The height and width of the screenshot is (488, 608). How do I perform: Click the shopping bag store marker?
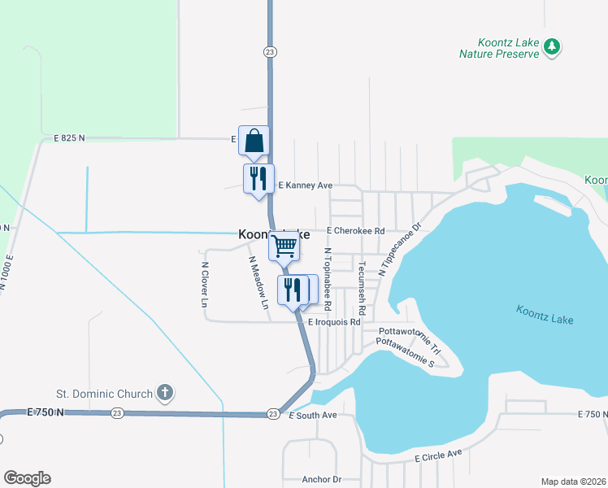254,141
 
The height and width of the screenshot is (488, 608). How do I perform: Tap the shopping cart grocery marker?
284,245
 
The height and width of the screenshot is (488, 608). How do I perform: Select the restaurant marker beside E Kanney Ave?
258,179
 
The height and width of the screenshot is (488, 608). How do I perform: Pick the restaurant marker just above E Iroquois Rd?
292,290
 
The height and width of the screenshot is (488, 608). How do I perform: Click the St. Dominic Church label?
104,394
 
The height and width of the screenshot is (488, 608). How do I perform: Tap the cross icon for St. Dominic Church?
164,394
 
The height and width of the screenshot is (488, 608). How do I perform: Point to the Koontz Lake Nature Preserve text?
499,48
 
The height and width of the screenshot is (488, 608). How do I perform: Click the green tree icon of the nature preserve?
552,46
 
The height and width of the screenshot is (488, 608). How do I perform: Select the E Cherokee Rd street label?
355,231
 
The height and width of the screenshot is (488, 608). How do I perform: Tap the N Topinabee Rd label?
328,280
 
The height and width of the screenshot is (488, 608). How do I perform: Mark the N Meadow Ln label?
258,284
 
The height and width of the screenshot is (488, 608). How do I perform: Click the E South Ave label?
313,416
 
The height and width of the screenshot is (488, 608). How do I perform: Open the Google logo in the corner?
27,478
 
